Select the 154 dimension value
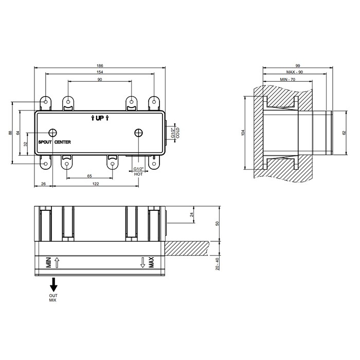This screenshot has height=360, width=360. [99, 72]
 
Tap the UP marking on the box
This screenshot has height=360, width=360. [100, 118]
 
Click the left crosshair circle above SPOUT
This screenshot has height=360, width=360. [52, 132]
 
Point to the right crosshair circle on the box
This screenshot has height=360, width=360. [138, 132]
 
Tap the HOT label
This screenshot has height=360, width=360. [138, 175]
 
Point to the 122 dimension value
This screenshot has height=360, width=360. [96, 184]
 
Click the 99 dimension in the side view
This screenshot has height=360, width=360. [298, 65]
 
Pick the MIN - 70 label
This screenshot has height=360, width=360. [287, 80]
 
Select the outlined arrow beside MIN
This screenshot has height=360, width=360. [57, 264]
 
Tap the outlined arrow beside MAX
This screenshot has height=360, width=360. [142, 264]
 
